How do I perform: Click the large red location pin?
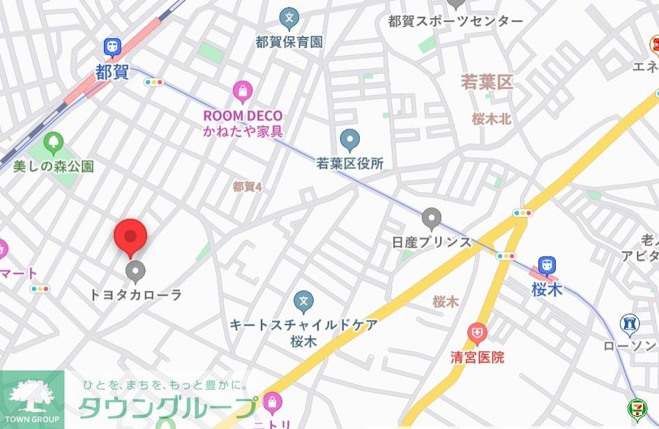[130, 236]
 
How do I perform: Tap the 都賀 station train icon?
[112, 47]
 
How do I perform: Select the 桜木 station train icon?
[547, 265]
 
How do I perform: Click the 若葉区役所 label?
[350, 164]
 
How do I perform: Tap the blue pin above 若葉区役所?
[349, 140]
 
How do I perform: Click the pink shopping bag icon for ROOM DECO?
[242, 91]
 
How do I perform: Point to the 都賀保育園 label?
[289, 42]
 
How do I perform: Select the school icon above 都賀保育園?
[289, 17]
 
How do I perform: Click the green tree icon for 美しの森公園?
[53, 144]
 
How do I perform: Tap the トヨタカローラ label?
[135, 294]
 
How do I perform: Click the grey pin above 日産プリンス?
[432, 218]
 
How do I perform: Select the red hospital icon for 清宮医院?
[477, 333]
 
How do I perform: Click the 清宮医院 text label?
[477, 358]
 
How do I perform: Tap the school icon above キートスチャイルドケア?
[303, 302]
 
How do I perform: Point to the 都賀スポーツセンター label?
[455, 21]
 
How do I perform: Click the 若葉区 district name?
[487, 82]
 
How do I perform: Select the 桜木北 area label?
[491, 119]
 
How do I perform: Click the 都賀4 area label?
[247, 186]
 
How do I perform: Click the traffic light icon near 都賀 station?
[153, 82]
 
